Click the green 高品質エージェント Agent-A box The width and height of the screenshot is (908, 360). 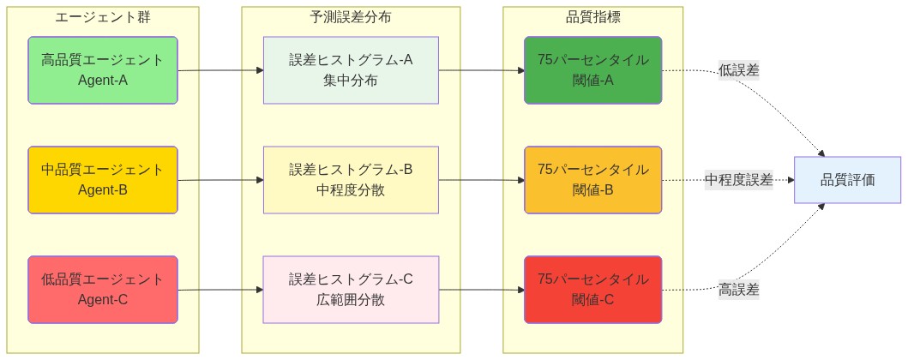coord(102,70)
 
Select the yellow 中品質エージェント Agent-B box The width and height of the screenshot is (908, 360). coord(102,180)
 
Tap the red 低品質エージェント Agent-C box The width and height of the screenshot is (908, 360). coord(102,290)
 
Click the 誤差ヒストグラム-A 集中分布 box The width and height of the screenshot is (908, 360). coord(351,70)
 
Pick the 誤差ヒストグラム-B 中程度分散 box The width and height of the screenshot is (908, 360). coord(351,180)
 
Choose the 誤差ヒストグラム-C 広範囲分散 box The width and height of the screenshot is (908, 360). coord(351,290)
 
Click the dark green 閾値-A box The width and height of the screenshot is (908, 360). coord(592,70)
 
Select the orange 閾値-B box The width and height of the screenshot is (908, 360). coord(592,180)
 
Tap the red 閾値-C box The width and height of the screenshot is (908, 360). coord(592,290)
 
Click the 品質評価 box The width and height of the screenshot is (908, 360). coord(847,180)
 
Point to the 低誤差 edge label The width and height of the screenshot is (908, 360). coord(738,70)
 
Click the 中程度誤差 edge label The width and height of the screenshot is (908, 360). coord(738,180)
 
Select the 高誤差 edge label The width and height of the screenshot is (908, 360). coord(738,290)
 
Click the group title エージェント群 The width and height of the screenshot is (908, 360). coord(102,17)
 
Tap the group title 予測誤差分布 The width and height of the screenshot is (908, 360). coord(351,17)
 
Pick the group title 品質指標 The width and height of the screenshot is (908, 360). coord(592,17)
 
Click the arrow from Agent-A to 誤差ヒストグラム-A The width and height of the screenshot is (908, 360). coord(220,70)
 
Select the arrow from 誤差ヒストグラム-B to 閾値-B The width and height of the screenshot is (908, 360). coord(481,180)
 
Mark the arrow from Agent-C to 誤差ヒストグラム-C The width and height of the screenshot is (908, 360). coord(220,290)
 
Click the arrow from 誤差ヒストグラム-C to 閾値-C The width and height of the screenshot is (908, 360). coord(481,290)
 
